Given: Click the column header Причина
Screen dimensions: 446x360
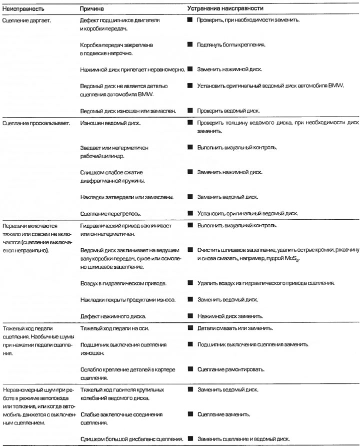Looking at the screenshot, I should (x=92, y=9).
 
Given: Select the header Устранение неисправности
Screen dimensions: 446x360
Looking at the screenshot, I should (x=225, y=9).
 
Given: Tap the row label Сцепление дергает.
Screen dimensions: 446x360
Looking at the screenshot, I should (x=26, y=21).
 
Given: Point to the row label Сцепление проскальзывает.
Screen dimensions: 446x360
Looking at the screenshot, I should (x=33, y=122).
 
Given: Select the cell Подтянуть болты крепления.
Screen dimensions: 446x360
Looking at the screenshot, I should (x=231, y=45).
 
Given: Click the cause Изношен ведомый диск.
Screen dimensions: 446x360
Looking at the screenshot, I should (x=110, y=122).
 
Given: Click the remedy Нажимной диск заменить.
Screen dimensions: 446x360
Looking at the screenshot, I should (x=230, y=316).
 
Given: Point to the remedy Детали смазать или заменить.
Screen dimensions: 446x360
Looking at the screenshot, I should (x=235, y=328).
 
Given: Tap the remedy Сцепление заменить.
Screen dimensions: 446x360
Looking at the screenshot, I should (x=224, y=415).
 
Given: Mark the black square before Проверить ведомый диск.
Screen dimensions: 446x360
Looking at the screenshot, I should (x=190, y=110).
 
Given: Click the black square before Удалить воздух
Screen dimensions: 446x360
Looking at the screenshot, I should (x=190, y=283).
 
